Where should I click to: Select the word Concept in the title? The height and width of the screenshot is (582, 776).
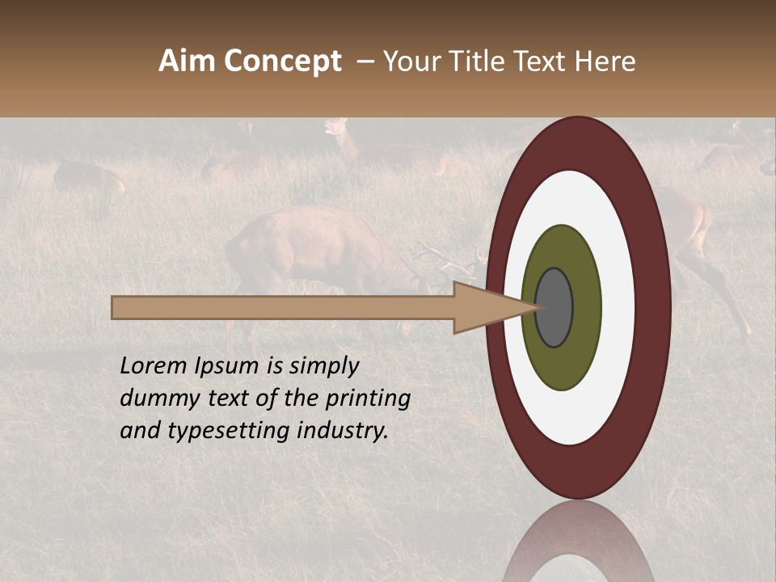(x=283, y=61)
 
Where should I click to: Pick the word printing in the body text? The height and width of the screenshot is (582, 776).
(x=368, y=399)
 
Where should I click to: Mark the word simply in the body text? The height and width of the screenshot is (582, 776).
(x=323, y=367)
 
